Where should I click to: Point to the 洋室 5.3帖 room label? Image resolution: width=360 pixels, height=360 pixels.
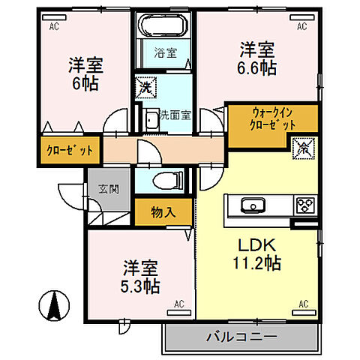pos(141,276)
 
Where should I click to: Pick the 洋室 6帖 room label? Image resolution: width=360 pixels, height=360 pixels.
pos(84,73)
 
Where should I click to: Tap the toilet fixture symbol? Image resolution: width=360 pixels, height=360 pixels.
pos(166,179)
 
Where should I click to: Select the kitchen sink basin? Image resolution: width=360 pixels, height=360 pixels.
pos(249,205)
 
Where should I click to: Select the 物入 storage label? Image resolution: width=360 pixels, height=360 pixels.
pos(163,212)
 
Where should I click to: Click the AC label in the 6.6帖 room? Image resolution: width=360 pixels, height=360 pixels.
pos(301,26)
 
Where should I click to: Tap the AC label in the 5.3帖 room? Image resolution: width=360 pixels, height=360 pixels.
pos(179,304)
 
